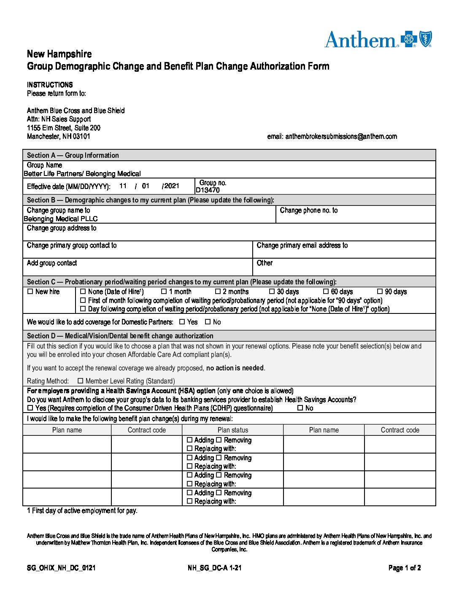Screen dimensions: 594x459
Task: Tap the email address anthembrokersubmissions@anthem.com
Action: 341,136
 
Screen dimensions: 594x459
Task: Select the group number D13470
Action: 208,190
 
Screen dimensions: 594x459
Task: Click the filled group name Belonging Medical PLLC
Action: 60,219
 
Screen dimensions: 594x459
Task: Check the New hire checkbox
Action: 30,292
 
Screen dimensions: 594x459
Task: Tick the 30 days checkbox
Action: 272,292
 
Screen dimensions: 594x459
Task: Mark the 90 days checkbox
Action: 380,292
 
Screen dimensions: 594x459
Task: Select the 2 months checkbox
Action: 218,292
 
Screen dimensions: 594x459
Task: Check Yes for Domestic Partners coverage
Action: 182,322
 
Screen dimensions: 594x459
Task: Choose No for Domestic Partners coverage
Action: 208,322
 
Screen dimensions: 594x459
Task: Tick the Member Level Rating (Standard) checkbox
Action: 81,381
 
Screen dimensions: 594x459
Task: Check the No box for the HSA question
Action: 300,408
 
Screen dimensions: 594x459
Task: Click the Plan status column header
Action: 232,430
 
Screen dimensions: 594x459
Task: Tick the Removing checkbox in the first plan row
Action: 219,440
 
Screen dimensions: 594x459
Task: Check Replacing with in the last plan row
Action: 189,501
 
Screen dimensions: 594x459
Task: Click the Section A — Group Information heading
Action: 73,155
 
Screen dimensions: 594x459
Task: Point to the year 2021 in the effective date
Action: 171,186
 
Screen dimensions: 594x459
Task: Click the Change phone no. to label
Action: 308,210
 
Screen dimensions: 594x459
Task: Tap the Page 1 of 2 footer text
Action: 404,568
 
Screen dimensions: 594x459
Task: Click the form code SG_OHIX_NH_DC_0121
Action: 61,568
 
